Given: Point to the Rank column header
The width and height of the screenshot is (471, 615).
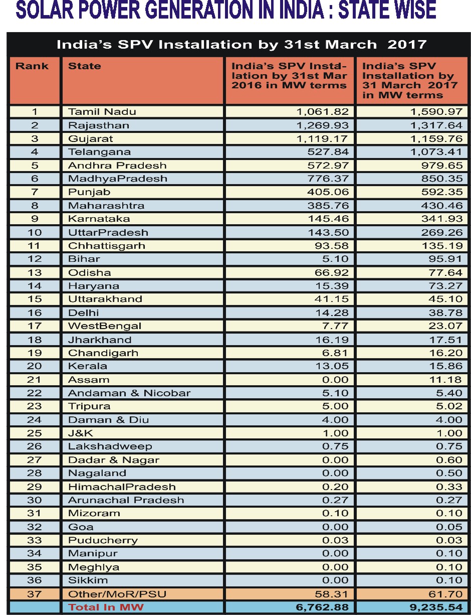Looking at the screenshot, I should click(x=32, y=66).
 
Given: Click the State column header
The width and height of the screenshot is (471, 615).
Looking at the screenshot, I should click(x=84, y=66).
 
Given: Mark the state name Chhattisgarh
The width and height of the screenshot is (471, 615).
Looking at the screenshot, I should click(x=106, y=245).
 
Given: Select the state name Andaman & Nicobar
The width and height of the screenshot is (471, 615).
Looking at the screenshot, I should click(x=129, y=393).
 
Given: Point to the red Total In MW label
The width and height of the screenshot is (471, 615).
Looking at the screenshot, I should click(x=106, y=607).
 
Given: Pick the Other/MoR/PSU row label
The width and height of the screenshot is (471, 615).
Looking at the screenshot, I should click(x=117, y=594).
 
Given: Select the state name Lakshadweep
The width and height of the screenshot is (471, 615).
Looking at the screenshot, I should click(x=110, y=446).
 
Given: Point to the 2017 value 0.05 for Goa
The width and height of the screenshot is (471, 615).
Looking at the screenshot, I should click(x=450, y=527).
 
